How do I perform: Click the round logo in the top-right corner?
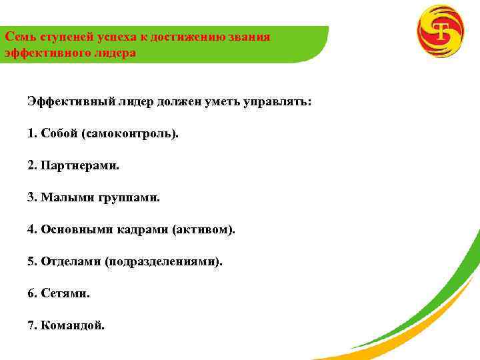(x=440, y=31)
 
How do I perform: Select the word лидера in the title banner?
(x=116, y=52)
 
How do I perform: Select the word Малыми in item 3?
(x=62, y=197)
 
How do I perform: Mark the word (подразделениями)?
(x=164, y=261)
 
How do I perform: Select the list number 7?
(x=31, y=325)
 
